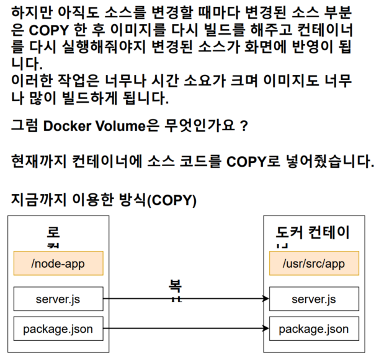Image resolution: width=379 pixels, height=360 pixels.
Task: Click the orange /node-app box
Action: tap(58, 264)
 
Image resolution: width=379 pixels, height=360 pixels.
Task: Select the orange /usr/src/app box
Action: tap(313, 264)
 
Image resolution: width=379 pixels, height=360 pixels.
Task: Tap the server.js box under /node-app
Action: tap(58, 299)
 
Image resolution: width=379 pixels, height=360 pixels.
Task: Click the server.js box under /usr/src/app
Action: tap(313, 299)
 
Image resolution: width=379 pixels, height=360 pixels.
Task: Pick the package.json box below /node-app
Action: tap(58, 329)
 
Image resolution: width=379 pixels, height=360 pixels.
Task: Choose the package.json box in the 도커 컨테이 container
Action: tap(313, 329)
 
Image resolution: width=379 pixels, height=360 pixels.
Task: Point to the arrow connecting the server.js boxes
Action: tap(186, 299)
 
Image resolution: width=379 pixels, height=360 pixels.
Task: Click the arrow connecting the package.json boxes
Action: tap(186, 329)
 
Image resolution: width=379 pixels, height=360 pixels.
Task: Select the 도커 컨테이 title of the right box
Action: tap(313, 233)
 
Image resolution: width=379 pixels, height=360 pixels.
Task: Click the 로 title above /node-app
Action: tap(53, 233)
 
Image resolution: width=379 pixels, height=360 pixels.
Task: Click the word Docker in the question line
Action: tap(68, 126)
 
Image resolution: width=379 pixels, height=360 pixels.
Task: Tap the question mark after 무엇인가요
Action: tap(244, 126)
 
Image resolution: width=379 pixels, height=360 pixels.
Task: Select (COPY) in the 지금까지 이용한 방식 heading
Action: tap(170, 200)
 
